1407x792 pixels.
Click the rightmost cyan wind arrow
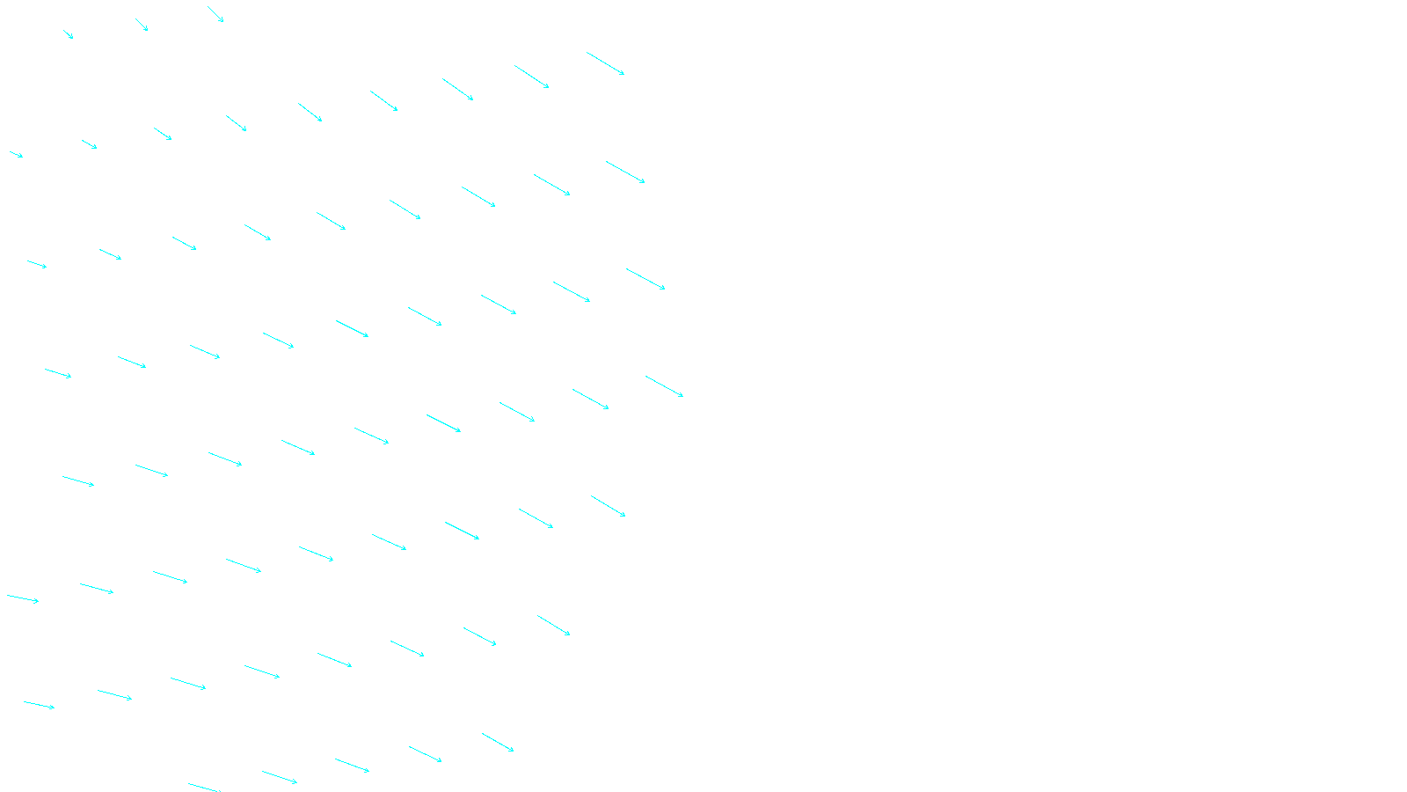click(x=664, y=386)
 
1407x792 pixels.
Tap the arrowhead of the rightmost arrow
click(x=682, y=396)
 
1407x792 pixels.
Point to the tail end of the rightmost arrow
click(x=646, y=377)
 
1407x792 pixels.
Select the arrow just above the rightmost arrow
click(x=645, y=279)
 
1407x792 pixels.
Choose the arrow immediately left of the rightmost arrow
click(x=590, y=400)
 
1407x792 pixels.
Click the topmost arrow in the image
click(x=215, y=14)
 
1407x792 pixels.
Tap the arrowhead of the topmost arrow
click(x=222, y=21)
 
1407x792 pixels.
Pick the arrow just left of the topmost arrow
click(x=142, y=25)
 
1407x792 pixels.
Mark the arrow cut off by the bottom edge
click(x=203, y=788)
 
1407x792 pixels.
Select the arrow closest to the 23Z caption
click(x=498, y=742)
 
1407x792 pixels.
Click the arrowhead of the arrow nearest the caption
click(x=513, y=751)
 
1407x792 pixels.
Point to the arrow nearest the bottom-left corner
click(x=39, y=704)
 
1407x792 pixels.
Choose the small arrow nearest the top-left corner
click(x=68, y=34)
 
